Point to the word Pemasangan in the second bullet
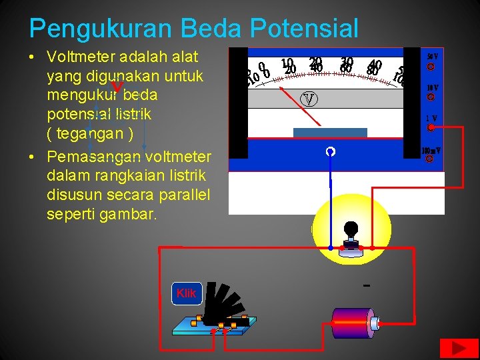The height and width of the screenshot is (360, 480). coord(94,157)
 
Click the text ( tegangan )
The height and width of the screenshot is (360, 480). coord(91,133)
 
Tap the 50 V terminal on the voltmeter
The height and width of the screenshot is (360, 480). coord(431,67)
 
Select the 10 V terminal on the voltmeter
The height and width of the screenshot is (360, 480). coord(431,97)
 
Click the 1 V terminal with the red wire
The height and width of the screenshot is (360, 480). coord(431,127)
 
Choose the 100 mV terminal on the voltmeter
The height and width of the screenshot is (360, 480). coord(430,159)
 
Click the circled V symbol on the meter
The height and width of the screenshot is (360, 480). coord(309,99)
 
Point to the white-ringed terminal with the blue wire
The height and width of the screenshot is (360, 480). coord(329,152)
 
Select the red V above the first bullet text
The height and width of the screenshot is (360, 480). coord(117,87)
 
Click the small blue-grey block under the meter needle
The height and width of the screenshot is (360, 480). coord(330,132)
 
